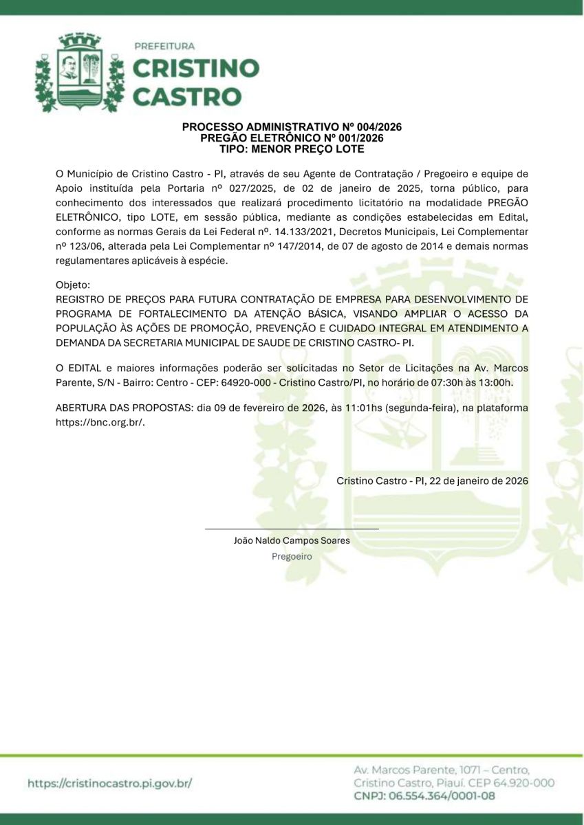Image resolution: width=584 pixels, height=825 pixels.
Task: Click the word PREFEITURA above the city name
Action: coord(164,46)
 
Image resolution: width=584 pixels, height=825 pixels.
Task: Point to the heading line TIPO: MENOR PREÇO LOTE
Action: coord(292,148)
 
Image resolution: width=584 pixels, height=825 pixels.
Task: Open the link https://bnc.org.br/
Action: coord(100,422)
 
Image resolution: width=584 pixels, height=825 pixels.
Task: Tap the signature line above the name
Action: coord(292,529)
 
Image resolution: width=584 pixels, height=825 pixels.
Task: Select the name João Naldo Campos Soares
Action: coord(292,540)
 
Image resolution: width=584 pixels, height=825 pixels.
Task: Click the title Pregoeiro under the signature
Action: coord(292,556)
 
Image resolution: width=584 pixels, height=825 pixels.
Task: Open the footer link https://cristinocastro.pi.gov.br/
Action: coord(109,783)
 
